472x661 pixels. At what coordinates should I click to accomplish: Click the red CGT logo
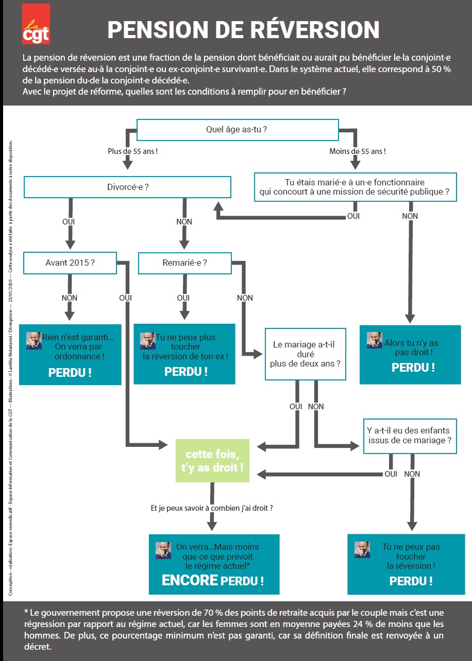pyautogui.click(x=36, y=24)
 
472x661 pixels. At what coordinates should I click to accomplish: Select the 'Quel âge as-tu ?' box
pyautogui.click(x=238, y=130)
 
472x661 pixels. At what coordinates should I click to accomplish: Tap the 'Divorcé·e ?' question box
pyautogui.click(x=127, y=187)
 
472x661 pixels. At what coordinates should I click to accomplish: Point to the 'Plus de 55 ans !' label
pyautogui.click(x=132, y=151)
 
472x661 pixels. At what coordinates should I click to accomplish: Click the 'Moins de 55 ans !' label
pyautogui.click(x=358, y=151)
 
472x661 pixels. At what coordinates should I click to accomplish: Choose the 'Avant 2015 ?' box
pyautogui.click(x=70, y=263)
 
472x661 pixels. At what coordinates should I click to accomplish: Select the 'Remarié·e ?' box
pyautogui.click(x=185, y=263)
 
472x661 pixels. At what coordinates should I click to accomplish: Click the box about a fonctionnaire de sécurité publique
pyautogui.click(x=356, y=187)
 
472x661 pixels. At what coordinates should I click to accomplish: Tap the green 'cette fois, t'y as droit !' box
pyautogui.click(x=212, y=461)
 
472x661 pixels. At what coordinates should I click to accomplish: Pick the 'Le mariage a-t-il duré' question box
pyautogui.click(x=306, y=354)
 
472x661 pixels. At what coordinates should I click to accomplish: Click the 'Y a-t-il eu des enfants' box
pyautogui.click(x=410, y=436)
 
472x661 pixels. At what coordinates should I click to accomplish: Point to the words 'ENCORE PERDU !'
pyautogui.click(x=213, y=580)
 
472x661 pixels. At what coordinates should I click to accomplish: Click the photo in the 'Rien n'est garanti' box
pyautogui.click(x=33, y=340)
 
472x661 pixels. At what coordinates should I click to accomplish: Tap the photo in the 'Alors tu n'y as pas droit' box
pyautogui.click(x=375, y=340)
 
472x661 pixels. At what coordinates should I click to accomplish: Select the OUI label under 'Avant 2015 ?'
pyautogui.click(x=126, y=298)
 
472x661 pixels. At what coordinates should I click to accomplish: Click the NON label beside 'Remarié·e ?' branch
pyautogui.click(x=245, y=298)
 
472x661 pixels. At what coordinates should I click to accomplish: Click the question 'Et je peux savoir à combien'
pyautogui.click(x=212, y=508)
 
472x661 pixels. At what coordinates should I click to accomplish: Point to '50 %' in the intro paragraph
pyautogui.click(x=441, y=69)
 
